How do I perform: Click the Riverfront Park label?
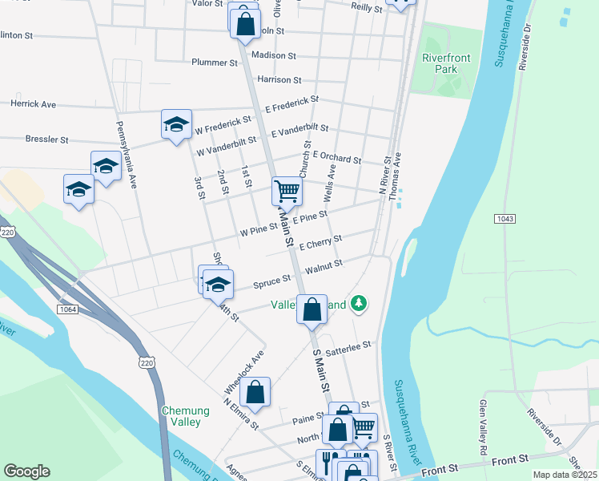[440, 63]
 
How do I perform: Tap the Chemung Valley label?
[185, 416]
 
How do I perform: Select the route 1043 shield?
[505, 218]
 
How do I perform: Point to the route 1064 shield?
[66, 309]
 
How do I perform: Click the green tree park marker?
[360, 303]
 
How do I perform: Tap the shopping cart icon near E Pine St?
[287, 191]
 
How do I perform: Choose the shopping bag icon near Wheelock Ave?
[255, 392]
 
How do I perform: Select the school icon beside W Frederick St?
[176, 124]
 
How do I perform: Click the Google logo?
[26, 471]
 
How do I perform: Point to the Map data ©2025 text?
[565, 475]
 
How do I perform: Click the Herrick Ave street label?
[33, 104]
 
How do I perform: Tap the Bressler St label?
[46, 139]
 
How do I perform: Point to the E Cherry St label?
[320, 240]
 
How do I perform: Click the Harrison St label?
[279, 80]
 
